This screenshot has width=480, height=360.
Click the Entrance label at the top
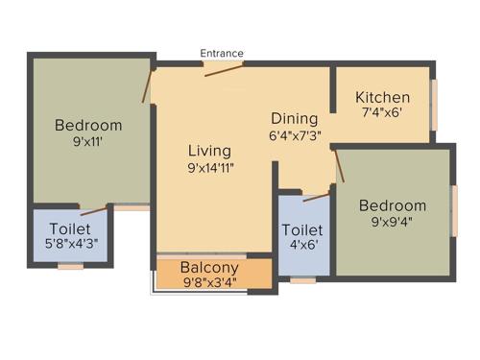tap(222, 53)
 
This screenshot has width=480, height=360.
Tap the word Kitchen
tap(382, 98)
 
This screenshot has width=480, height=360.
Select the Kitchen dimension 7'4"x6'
tap(382, 112)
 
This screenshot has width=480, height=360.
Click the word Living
tap(209, 151)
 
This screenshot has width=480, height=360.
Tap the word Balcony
tap(209, 267)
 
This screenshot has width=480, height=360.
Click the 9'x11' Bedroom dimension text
tap(87, 141)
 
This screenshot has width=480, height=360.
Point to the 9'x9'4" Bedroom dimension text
tap(392, 222)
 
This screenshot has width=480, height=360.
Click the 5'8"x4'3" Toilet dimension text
tap(70, 245)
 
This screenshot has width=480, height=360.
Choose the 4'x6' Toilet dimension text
tap(302, 247)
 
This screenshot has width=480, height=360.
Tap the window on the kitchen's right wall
tap(433, 104)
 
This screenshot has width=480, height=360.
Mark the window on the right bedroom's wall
tap(454, 210)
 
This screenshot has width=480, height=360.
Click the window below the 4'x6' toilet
tap(303, 280)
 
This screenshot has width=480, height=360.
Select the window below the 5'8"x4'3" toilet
tap(70, 266)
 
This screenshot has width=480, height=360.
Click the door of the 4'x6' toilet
tap(316, 197)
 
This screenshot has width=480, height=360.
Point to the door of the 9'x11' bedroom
tap(148, 85)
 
